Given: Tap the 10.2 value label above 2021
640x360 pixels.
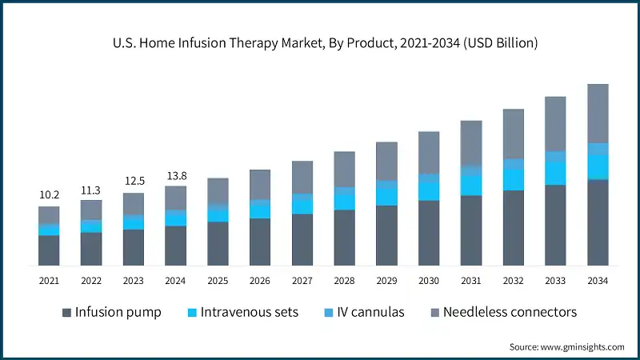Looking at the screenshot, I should point(49,194).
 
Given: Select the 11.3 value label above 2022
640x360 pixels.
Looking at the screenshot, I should point(91,190).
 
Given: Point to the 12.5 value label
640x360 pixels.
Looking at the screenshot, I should point(134,182).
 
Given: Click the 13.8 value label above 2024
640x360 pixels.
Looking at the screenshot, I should point(176,174).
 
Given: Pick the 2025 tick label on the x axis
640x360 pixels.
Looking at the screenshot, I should point(218,281).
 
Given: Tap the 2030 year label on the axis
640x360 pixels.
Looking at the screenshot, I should point(430,281).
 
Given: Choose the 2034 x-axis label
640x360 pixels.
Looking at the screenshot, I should point(598,281).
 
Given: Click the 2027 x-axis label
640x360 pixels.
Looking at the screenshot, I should point(302,281).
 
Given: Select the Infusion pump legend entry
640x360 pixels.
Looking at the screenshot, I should point(111,312).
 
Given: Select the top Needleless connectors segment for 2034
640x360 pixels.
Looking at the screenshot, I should point(598,113).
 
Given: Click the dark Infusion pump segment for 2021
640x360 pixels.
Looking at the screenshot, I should point(49,250).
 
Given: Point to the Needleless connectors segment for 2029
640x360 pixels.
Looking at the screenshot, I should point(387,161).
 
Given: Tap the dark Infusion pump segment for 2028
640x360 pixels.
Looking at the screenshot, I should point(345,238).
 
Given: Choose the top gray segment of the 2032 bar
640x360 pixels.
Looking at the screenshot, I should point(514,134).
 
